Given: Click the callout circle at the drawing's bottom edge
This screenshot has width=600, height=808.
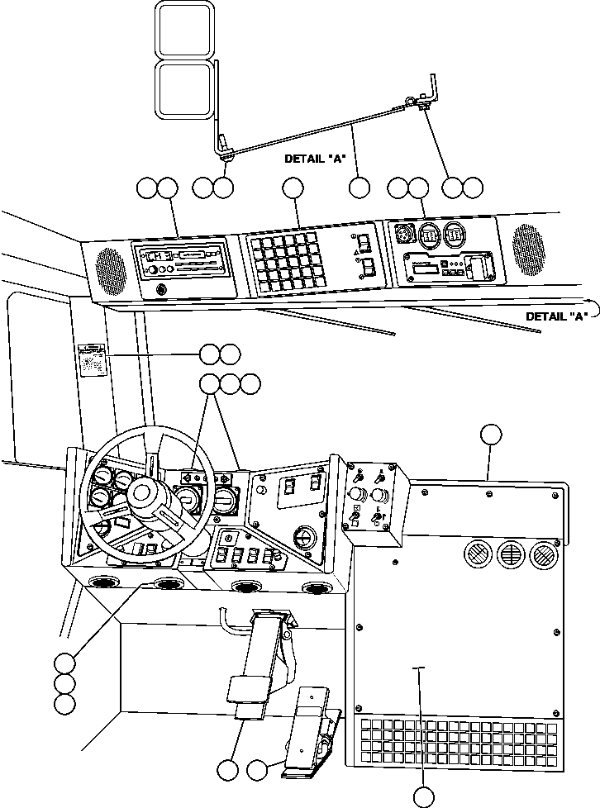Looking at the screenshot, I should coord(423,796).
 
